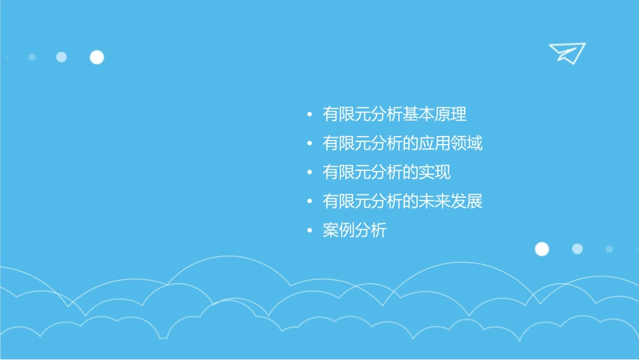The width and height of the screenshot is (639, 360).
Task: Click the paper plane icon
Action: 566,52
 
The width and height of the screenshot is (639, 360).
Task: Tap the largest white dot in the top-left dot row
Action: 97,57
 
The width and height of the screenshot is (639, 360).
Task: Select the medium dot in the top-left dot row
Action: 61,57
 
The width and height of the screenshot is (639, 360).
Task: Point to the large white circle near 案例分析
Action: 541,249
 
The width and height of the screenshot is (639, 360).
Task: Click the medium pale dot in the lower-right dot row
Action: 577,249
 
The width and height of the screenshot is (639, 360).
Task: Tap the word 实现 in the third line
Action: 435,172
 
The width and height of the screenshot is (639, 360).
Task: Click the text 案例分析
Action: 354,231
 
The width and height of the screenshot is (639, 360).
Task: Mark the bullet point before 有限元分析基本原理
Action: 309,115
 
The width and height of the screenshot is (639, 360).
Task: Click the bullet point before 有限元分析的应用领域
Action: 309,144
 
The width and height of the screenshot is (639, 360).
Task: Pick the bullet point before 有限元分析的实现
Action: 309,173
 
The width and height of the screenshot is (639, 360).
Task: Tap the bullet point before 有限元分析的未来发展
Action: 309,202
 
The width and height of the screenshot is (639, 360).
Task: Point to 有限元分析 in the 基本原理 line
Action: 362,114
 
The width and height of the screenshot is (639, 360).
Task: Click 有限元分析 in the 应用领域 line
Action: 362,143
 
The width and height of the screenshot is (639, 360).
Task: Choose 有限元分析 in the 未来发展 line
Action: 362,201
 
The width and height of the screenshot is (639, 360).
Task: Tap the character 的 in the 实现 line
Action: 410,172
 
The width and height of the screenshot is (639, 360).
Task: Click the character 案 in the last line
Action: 330,231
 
